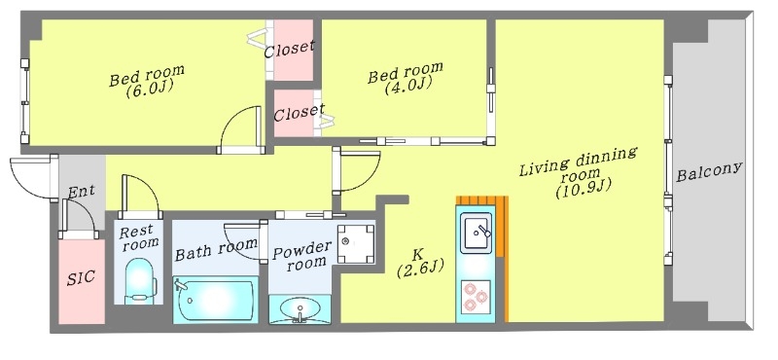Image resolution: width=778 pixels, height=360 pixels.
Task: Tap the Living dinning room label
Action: click(x=577, y=172)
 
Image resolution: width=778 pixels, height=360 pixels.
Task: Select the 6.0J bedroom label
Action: click(x=146, y=81)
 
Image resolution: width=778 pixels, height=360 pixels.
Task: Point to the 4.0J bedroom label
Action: click(x=405, y=77)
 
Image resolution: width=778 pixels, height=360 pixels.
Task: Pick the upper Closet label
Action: click(x=289, y=48)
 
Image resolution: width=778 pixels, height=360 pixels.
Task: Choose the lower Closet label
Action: click(x=298, y=113)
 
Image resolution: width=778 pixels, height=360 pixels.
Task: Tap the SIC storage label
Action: click(x=80, y=277)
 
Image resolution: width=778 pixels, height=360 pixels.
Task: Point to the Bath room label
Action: click(x=216, y=250)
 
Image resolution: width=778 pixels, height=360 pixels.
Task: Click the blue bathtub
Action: click(x=215, y=299)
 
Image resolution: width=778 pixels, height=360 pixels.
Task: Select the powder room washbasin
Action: click(x=301, y=310)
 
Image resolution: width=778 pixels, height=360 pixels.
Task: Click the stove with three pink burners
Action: click(x=477, y=295)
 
